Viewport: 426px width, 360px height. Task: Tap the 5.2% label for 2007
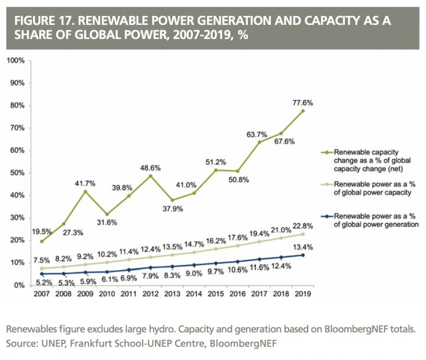coord(41,283)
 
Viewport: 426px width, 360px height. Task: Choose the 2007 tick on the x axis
coord(41,294)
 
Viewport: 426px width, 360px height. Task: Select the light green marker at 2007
coord(41,268)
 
